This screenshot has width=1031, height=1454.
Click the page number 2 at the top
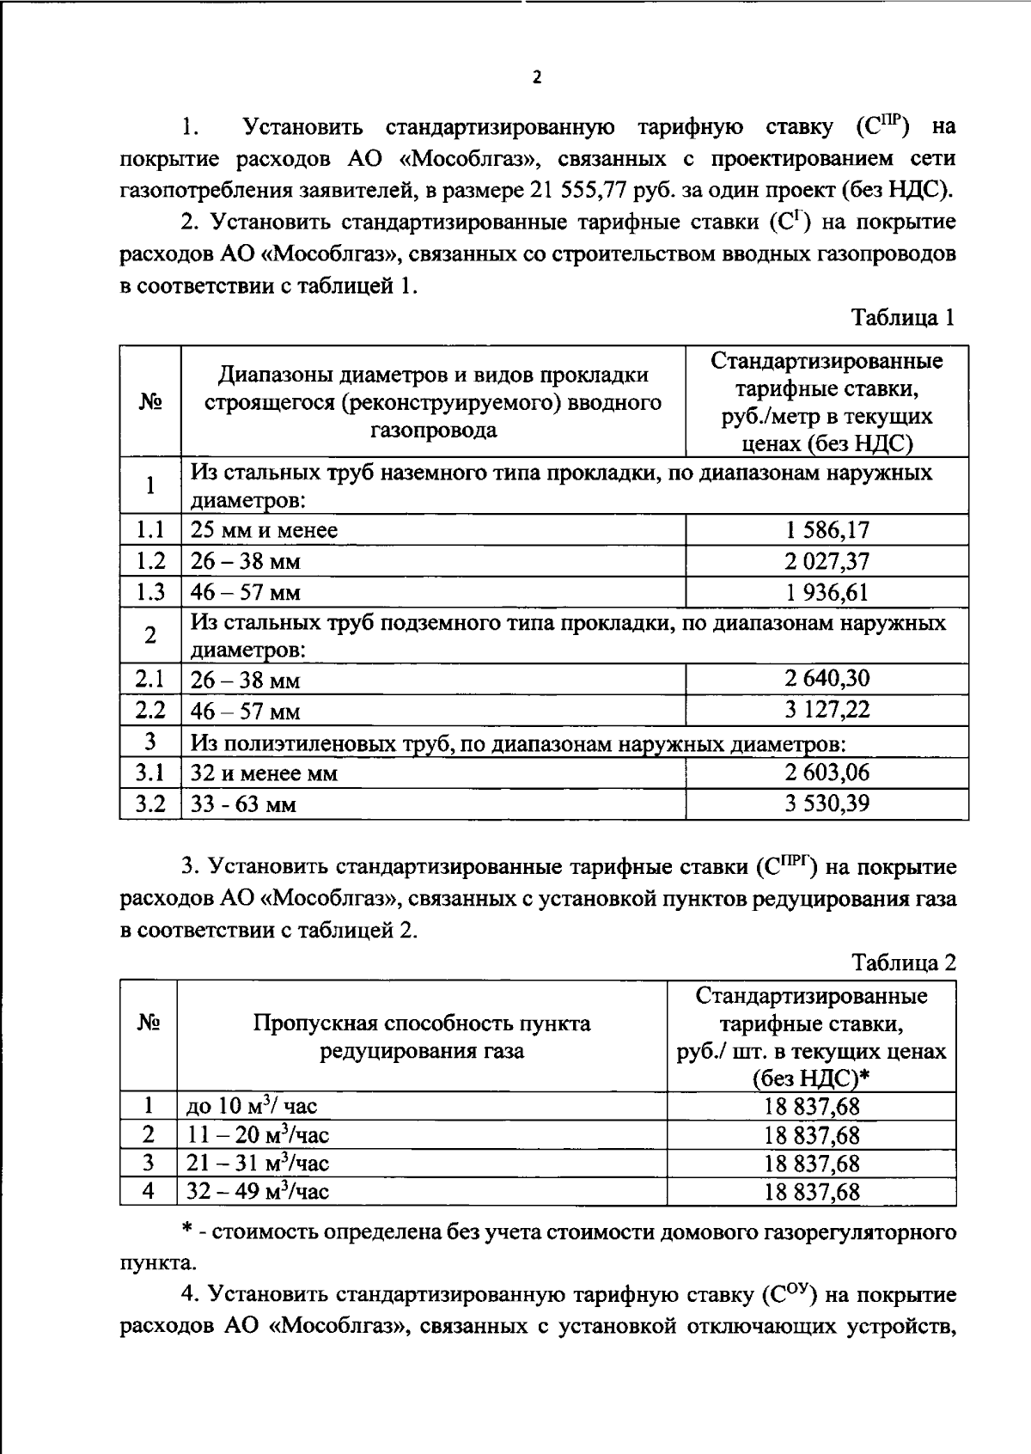coord(537,78)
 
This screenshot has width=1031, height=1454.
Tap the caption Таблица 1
coord(903,318)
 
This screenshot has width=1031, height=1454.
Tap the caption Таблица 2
coord(903,962)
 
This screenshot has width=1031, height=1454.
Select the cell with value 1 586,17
coord(827,529)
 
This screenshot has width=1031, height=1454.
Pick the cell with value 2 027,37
coord(827,561)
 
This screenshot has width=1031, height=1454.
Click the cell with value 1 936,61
coord(827,592)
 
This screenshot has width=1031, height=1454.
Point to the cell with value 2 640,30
coord(827,679)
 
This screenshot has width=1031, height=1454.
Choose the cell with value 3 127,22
coord(827,710)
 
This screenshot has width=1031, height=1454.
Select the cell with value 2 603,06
coord(827,773)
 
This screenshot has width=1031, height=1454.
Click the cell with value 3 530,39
coord(827,804)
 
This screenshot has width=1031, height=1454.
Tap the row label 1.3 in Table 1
coord(150,592)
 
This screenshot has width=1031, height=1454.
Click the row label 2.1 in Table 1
coord(150,680)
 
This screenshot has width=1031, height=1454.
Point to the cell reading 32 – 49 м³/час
coord(259,1191)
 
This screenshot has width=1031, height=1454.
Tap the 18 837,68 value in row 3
coord(811,1164)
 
